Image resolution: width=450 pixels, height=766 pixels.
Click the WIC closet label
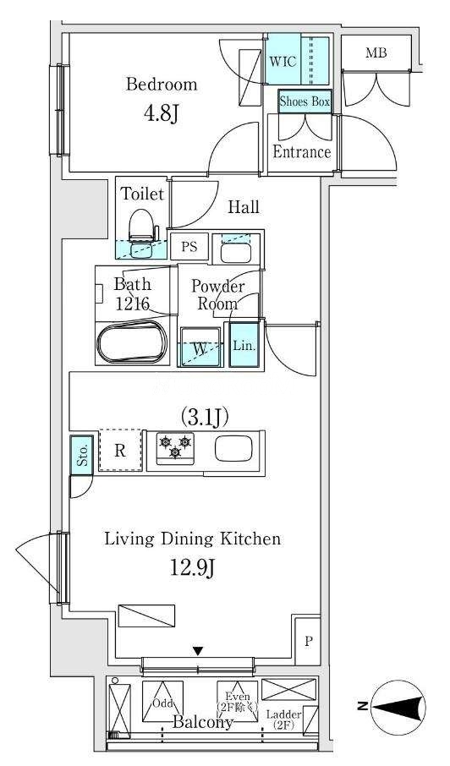283,62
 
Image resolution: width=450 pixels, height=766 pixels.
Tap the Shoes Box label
305,101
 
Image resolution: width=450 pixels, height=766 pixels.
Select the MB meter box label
376,52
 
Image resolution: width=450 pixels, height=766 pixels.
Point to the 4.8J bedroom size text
160,114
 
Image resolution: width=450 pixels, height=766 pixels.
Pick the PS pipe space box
189,246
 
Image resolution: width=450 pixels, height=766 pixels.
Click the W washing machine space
200,347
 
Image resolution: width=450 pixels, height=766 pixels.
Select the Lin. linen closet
244,346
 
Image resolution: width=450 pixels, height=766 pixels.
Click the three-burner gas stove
175,448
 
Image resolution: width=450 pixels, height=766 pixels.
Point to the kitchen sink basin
233,448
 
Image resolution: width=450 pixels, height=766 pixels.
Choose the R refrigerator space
121,451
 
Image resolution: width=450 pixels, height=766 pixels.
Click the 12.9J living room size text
193,568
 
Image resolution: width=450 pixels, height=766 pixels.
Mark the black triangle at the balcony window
197,651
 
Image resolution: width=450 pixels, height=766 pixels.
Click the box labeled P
308,641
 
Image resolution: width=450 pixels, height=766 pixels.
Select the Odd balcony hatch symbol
162,701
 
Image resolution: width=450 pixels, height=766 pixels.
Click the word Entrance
302,152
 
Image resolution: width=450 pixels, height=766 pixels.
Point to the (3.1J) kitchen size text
206,417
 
